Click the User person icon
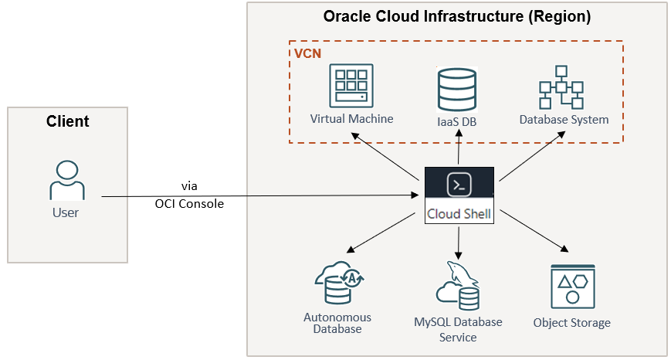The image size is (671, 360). tap(66, 181)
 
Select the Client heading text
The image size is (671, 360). tap(67, 121)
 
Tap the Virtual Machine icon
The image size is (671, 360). tap(351, 86)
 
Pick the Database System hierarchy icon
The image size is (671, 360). tap(563, 87)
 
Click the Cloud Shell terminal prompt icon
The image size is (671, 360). tap(459, 185)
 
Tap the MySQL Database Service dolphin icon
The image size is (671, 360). tap(458, 286)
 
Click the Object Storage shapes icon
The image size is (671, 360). tap(572, 286)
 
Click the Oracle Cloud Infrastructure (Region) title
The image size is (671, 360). tap(457, 17)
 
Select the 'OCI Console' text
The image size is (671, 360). tap(189, 204)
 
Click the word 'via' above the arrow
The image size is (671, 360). tap(189, 185)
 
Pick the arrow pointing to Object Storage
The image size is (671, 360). tap(534, 231)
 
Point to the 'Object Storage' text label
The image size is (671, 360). tap(571, 323)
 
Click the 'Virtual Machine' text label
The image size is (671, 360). tap(351, 119)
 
